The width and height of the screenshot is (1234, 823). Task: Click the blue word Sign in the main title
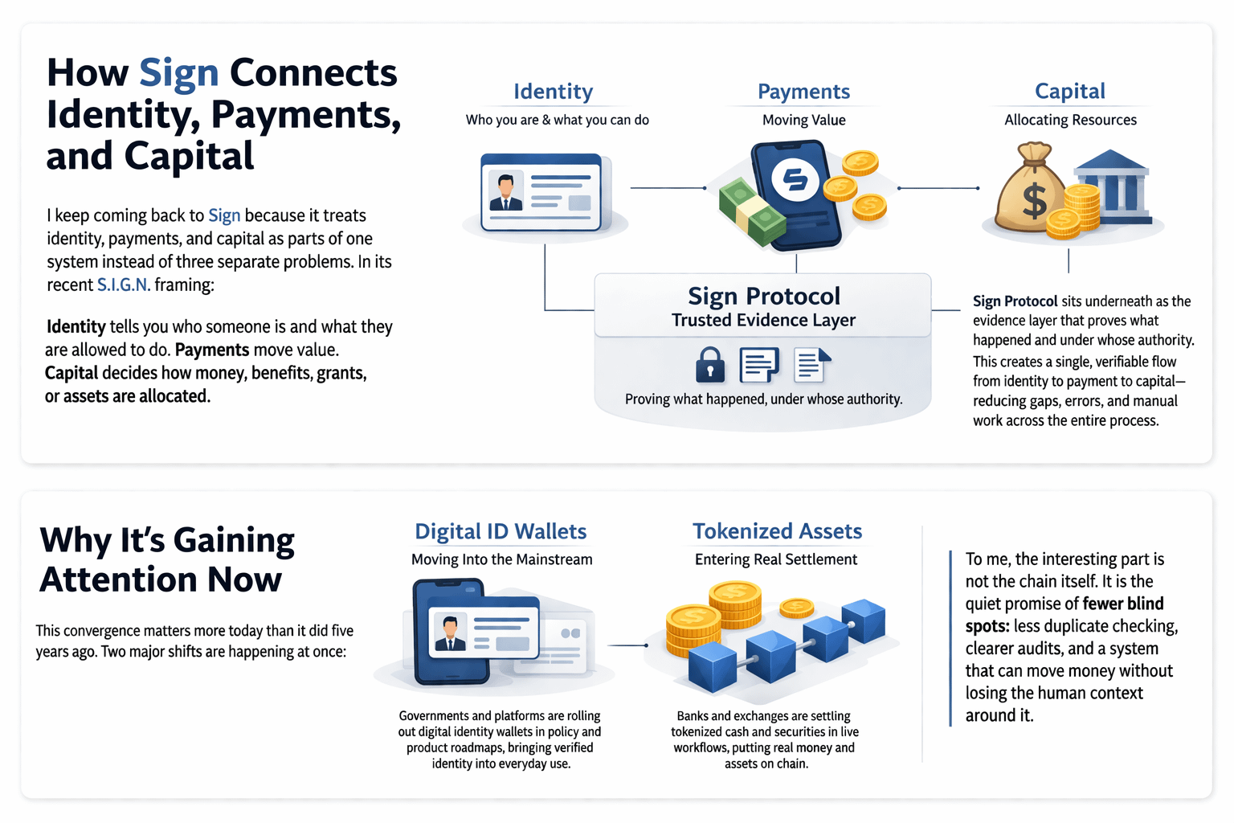(x=179, y=74)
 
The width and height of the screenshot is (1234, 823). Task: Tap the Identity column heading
(x=553, y=92)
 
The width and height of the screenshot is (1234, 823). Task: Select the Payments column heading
(x=803, y=92)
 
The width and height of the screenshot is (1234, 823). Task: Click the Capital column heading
(x=1070, y=91)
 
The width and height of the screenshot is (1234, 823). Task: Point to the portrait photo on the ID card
(x=505, y=192)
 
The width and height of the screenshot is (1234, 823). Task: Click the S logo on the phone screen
(x=795, y=179)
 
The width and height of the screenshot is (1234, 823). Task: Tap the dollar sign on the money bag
(x=1034, y=200)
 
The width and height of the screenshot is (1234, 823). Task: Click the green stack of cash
(x=752, y=211)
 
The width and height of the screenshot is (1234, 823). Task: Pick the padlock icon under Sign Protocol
(x=710, y=365)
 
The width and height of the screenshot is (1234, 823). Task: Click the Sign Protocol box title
(x=763, y=296)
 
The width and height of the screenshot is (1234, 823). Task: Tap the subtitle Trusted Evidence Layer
(x=763, y=320)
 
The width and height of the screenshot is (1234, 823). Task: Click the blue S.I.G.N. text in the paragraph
(x=124, y=285)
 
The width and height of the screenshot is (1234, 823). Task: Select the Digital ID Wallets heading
(x=501, y=531)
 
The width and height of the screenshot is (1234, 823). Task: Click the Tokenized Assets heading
(x=777, y=531)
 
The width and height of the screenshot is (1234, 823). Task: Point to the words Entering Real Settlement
(x=775, y=559)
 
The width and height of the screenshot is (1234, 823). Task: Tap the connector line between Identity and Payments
(x=668, y=188)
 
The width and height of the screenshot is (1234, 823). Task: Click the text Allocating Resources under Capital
(x=1070, y=121)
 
